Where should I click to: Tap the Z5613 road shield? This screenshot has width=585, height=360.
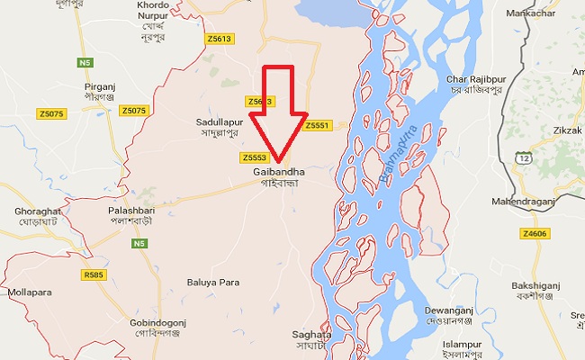tap(220, 39)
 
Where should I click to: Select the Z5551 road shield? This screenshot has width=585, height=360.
tap(318, 125)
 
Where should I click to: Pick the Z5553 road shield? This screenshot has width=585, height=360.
tap(254, 157)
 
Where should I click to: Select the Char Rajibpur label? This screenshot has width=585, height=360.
tap(475, 81)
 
